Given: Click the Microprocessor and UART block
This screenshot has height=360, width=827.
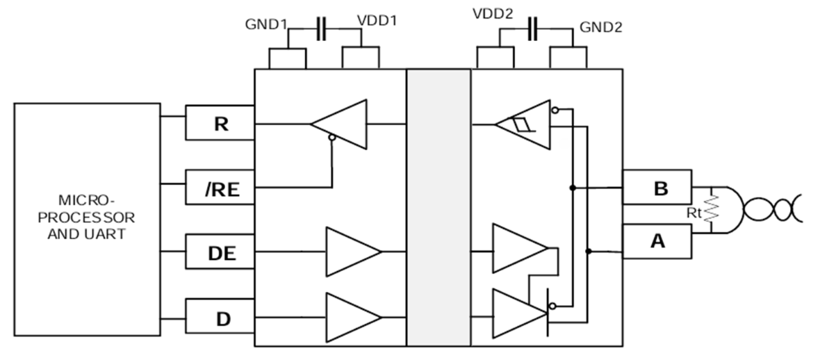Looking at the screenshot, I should (87, 220).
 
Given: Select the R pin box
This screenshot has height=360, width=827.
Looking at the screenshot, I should (220, 124).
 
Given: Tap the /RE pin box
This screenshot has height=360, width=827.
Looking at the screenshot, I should (220, 188).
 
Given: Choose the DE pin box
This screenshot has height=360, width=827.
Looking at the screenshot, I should (220, 254).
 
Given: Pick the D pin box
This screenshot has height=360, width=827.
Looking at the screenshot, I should (220, 319).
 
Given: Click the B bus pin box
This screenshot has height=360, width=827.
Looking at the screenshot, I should (657, 188).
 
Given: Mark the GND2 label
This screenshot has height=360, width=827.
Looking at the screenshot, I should (601, 28).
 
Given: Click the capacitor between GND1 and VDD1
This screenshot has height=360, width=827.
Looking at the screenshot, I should (321, 28).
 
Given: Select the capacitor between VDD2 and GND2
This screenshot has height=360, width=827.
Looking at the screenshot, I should (533, 28).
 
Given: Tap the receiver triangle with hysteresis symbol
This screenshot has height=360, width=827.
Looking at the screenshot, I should (525, 125).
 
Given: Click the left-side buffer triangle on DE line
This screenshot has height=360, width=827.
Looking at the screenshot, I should (351, 251).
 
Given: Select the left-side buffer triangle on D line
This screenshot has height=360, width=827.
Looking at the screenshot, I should (351, 318).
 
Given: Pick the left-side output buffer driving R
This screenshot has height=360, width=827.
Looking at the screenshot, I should (341, 124).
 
